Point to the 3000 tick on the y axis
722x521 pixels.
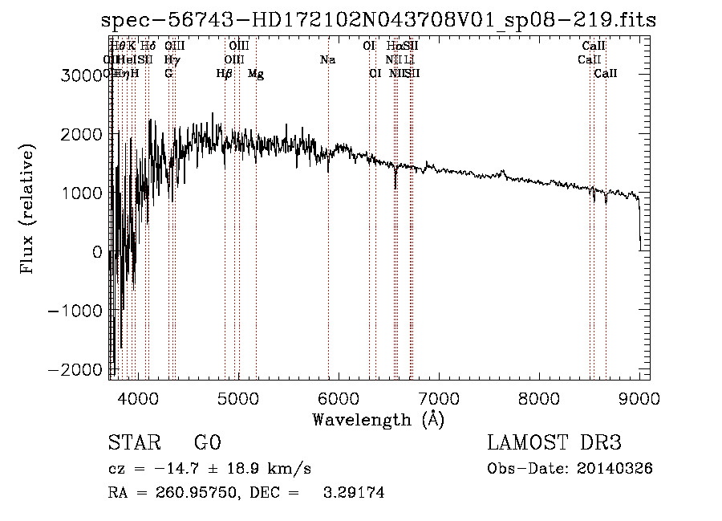click(x=83, y=75)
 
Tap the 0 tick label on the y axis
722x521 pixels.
click(x=97, y=251)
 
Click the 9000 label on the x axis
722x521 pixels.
click(x=639, y=397)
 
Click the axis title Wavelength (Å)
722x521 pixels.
click(x=378, y=419)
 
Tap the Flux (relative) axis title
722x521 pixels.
click(x=29, y=209)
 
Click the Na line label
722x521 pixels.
click(x=327, y=59)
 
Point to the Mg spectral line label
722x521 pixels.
click(x=256, y=74)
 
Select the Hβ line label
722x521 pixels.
click(x=225, y=74)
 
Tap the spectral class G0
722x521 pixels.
click(x=207, y=443)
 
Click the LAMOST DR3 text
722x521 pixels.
click(x=554, y=443)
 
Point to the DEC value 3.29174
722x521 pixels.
click(x=355, y=493)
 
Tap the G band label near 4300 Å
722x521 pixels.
click(x=168, y=74)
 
